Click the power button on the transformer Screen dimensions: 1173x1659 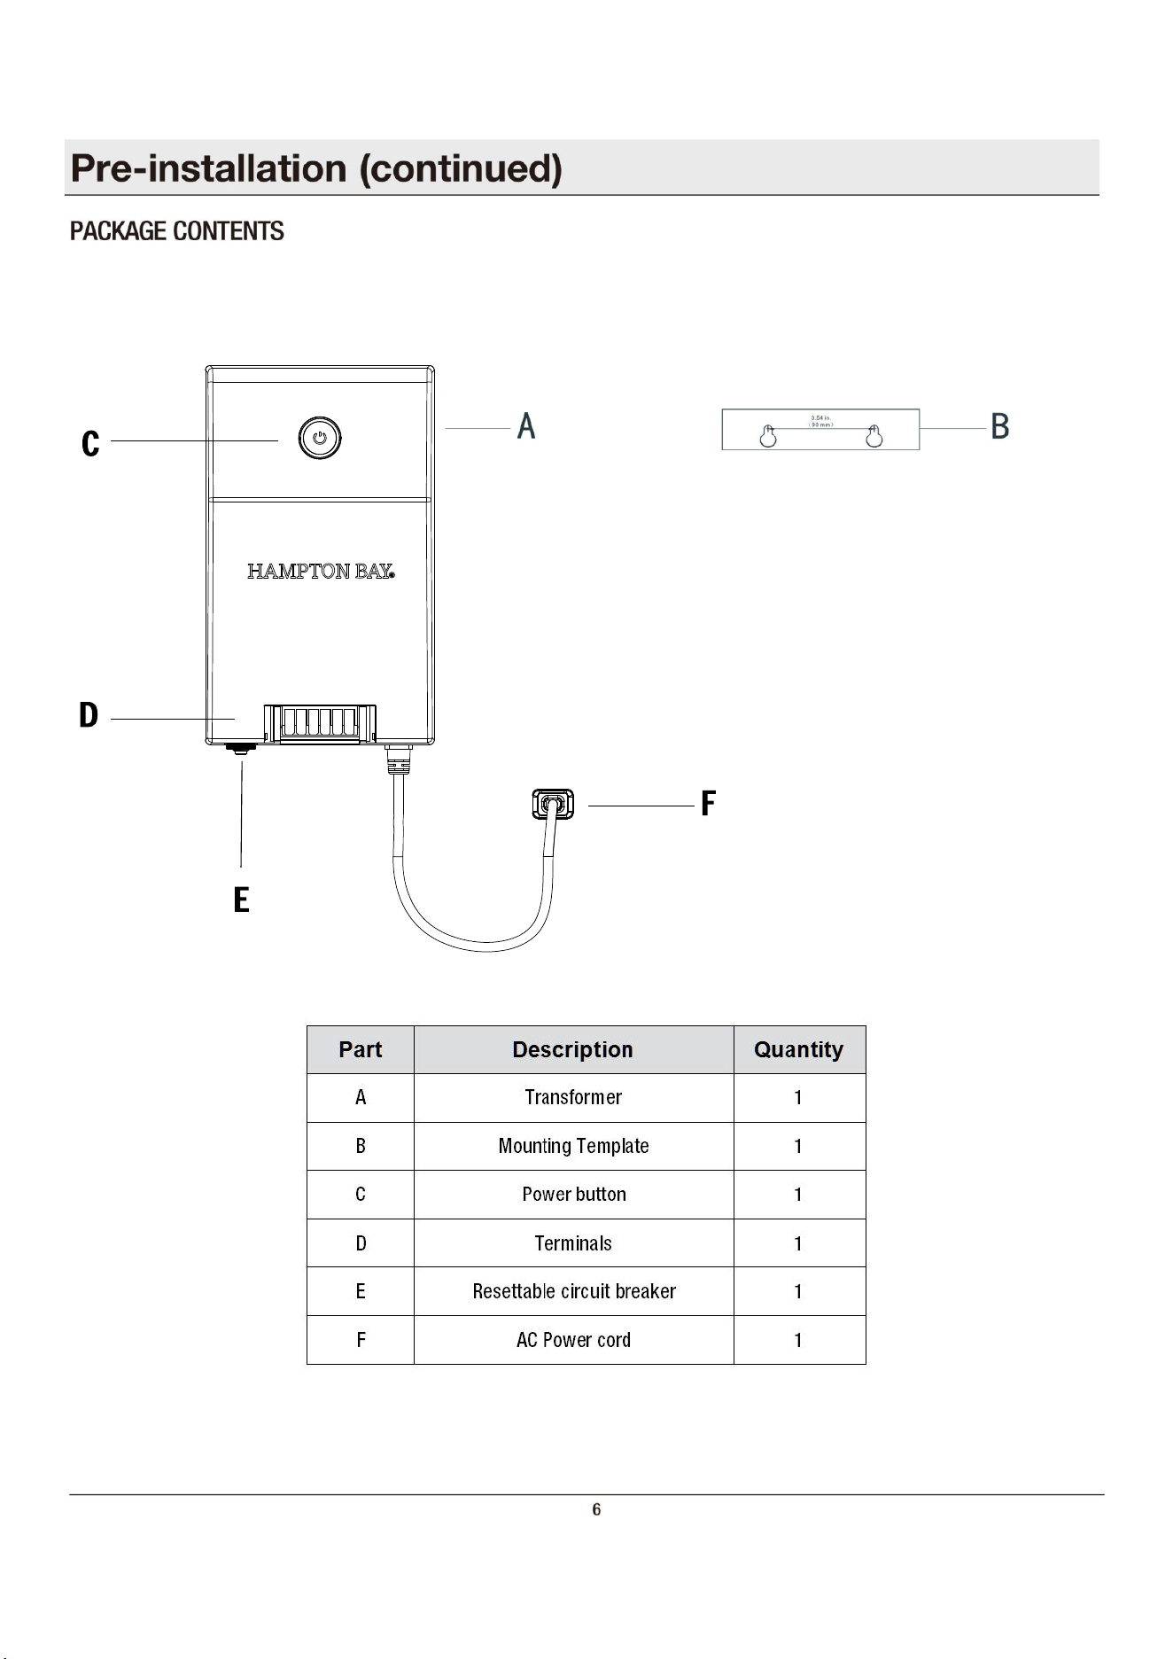pyautogui.click(x=320, y=438)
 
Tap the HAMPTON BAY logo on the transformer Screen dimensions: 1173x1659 pyautogui.click(x=321, y=572)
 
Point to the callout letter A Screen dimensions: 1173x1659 pyautogui.click(x=526, y=426)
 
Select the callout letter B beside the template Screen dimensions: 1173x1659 pyautogui.click(x=1000, y=426)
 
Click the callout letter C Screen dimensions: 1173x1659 pyautogui.click(x=90, y=444)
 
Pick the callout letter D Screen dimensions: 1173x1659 pyautogui.click(x=89, y=715)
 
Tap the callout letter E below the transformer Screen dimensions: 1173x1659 pyautogui.click(x=241, y=900)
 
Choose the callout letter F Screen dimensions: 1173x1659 pyautogui.click(x=708, y=804)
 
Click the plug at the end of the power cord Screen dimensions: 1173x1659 pyautogui.click(x=553, y=804)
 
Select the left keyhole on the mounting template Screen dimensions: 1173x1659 pyautogui.click(x=768, y=435)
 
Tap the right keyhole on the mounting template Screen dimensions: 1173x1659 pyautogui.click(x=874, y=435)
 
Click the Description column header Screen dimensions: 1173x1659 pyautogui.click(x=573, y=1050)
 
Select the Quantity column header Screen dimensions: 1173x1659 pyautogui.click(x=798, y=1050)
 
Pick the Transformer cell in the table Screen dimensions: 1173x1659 pyautogui.click(x=573, y=1098)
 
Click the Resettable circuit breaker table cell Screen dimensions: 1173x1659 pyautogui.click(x=574, y=1291)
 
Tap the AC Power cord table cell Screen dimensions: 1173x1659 pyautogui.click(x=573, y=1340)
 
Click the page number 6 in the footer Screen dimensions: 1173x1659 pyautogui.click(x=596, y=1510)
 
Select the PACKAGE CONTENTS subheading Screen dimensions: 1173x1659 pyautogui.click(x=177, y=231)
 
